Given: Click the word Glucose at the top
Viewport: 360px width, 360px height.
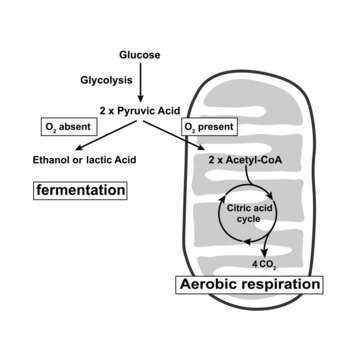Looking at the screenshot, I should [140, 53].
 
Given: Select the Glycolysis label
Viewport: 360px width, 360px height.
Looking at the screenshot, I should [107, 78].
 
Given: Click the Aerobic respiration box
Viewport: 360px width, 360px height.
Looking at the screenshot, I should [250, 285].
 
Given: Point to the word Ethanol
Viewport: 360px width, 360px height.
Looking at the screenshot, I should [52, 158].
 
